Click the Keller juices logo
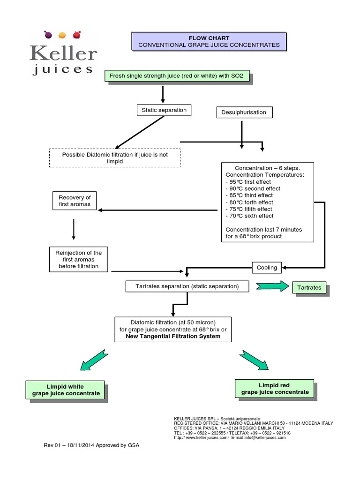63,52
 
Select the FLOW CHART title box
209,41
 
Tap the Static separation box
164,110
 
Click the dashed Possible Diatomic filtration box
114,157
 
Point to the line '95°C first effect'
249,181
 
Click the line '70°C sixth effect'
249,216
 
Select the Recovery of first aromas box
75,201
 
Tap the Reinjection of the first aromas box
78,259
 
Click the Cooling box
267,268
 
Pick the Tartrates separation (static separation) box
187,286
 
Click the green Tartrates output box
309,287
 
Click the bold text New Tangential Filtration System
173,336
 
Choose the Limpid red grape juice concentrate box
275,388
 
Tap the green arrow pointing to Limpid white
95,360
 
